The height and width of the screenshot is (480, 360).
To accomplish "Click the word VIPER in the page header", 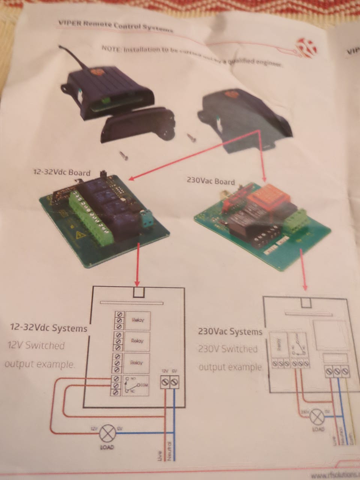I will [x=69, y=23].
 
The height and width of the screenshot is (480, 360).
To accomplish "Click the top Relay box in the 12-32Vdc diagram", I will [x=137, y=320].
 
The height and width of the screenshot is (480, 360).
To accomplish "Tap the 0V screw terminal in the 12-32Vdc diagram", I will [x=174, y=382].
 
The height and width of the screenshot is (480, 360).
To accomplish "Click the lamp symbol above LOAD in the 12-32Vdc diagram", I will [x=107, y=433].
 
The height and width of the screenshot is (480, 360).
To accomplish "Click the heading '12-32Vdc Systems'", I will [x=49, y=328].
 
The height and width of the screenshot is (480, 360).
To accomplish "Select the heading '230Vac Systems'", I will [x=229, y=332].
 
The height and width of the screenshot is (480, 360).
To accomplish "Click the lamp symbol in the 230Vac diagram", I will [x=318, y=417].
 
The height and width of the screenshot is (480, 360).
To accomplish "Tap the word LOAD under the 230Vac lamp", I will [x=318, y=429].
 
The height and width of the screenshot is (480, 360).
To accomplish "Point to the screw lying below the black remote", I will [x=123, y=154].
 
